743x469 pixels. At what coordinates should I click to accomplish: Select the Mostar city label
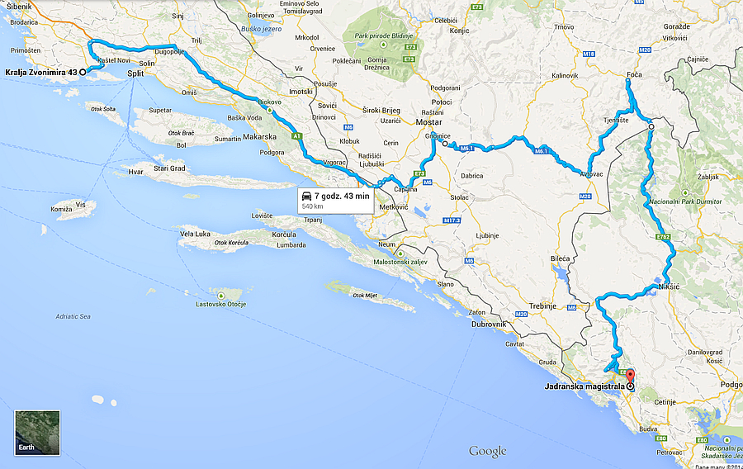coord(428,122)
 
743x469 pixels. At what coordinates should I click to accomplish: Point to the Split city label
coord(136,74)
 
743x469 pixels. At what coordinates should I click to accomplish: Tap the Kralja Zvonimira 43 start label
coord(40,73)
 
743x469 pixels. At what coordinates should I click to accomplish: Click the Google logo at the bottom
coord(487,451)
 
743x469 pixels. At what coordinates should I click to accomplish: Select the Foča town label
coord(634,75)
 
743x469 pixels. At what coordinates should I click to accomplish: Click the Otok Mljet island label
coord(366,296)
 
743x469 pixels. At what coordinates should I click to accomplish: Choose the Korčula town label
coord(284,235)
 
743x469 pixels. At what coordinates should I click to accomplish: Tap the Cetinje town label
coord(665,401)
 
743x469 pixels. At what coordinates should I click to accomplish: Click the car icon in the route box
coord(307,196)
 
